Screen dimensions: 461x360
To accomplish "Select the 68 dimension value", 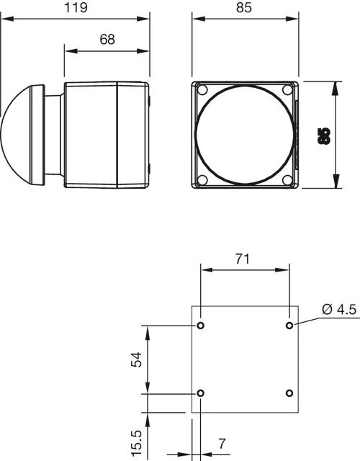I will (107, 40).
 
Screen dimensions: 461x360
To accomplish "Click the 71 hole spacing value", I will (244, 259).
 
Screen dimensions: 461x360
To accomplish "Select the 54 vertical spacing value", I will (135, 359).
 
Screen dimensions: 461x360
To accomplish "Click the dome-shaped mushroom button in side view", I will (22, 135).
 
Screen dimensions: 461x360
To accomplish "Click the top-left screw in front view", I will (202, 91).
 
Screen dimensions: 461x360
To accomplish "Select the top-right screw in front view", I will (287, 90).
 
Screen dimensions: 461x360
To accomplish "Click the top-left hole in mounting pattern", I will (201, 326).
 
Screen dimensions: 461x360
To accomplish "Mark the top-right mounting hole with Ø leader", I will (289, 326).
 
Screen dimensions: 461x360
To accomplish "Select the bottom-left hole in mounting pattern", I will (201, 393).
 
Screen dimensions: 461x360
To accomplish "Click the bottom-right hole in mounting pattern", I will (289, 393).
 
